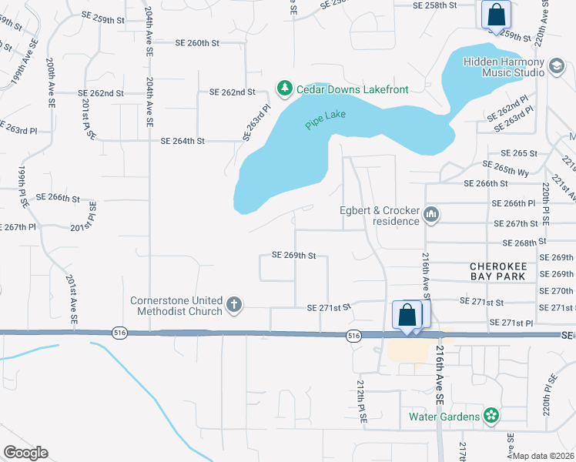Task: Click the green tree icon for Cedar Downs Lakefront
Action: point(285,89)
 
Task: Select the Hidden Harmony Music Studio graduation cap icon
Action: point(556,66)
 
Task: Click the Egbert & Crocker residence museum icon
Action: point(431,215)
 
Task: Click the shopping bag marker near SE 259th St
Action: point(496,15)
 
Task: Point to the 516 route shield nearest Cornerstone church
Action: point(119,333)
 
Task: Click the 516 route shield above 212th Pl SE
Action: point(353,335)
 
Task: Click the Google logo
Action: point(25,453)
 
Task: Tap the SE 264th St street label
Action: point(183,141)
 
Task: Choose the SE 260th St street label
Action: point(197,43)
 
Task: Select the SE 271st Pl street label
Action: point(521,322)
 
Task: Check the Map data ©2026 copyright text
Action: point(544,456)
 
